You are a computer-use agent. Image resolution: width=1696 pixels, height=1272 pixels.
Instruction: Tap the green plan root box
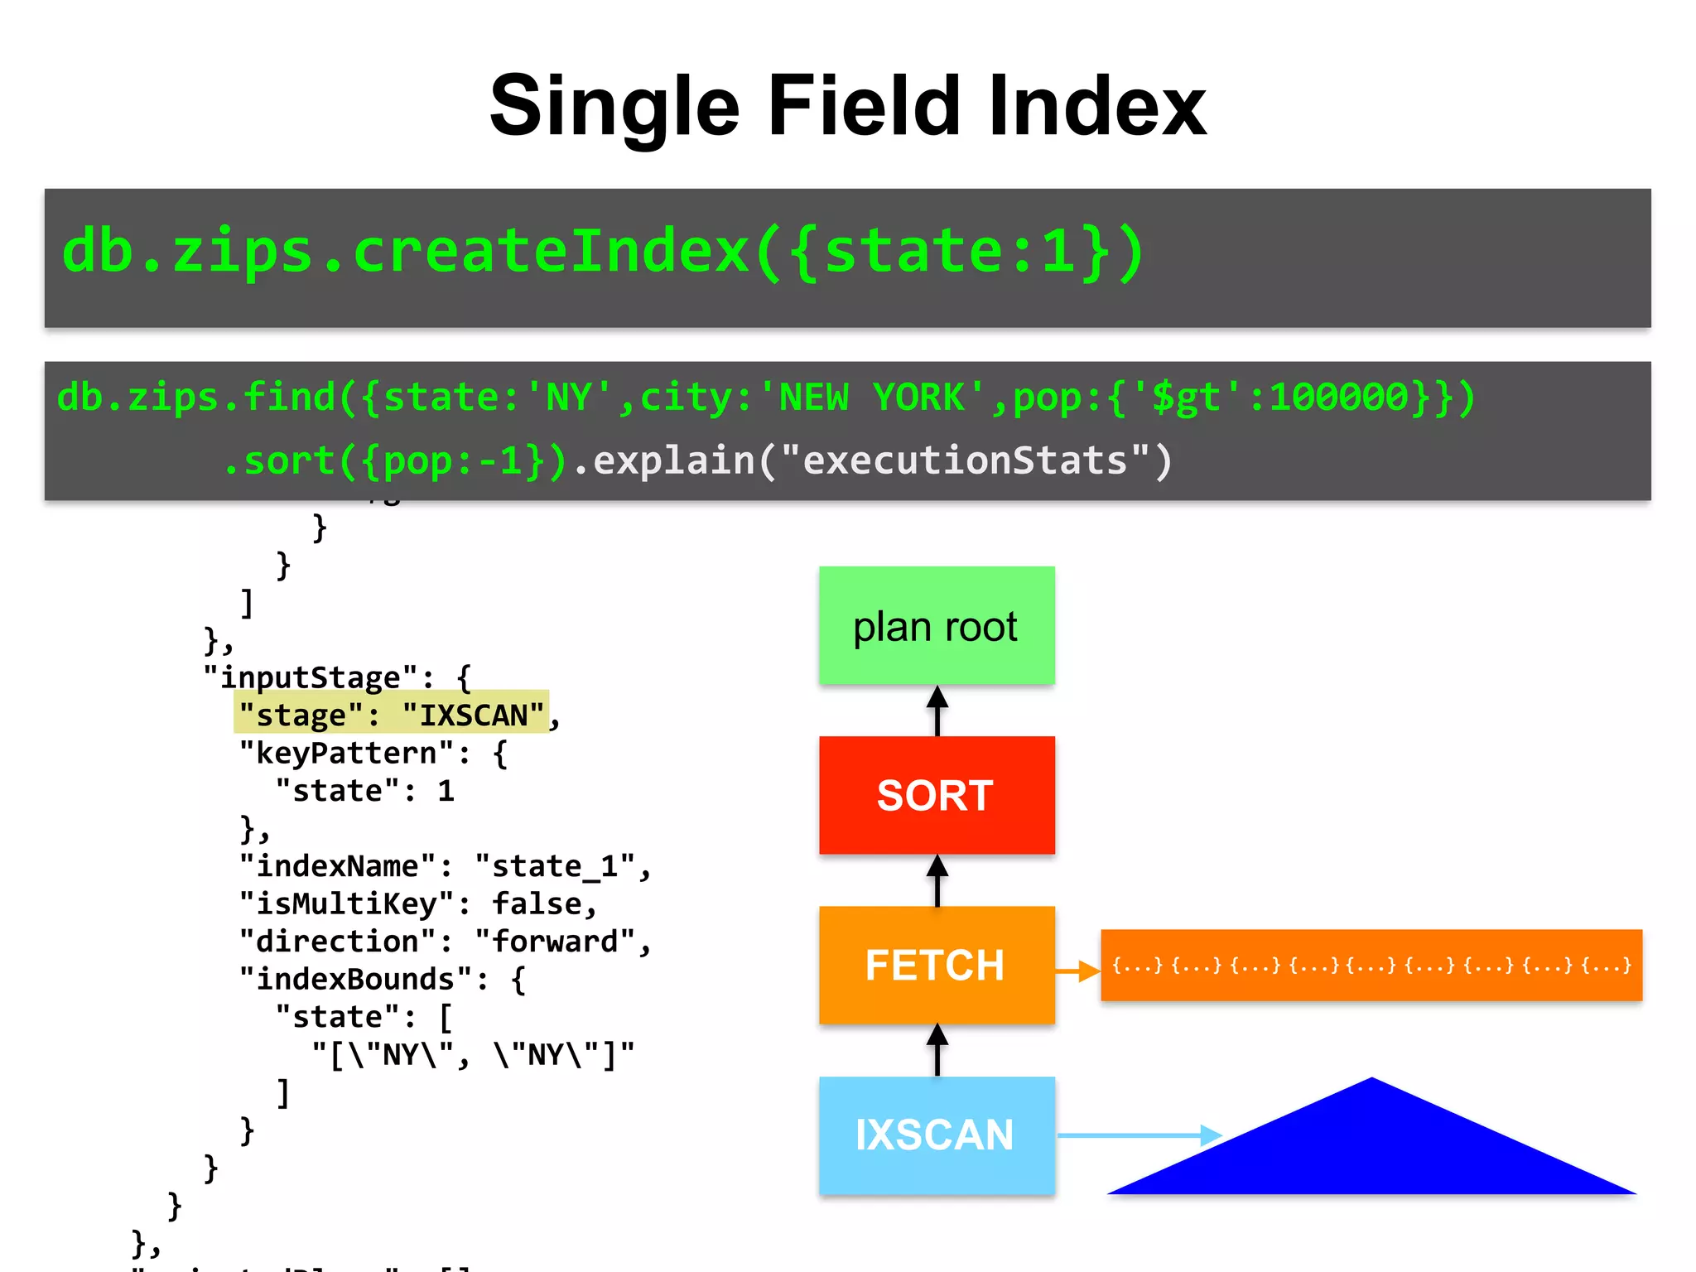(937, 625)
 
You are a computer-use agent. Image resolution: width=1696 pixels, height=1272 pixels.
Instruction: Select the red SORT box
(937, 795)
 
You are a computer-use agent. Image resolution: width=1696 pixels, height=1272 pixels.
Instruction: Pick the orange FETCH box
(937, 965)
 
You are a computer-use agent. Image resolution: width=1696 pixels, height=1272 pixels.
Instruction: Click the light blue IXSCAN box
(937, 1135)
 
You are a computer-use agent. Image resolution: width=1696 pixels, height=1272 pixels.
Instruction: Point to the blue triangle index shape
(1372, 1151)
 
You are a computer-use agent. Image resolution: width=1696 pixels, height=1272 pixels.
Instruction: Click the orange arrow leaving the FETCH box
(1077, 970)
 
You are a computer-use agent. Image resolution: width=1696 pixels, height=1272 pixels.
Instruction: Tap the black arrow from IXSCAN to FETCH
(937, 1050)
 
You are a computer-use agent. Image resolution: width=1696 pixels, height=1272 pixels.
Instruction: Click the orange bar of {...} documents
(1371, 965)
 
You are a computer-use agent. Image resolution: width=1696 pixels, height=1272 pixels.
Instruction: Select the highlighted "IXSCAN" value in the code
(473, 715)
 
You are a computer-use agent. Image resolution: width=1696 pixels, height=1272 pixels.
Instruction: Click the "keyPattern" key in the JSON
(345, 753)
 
